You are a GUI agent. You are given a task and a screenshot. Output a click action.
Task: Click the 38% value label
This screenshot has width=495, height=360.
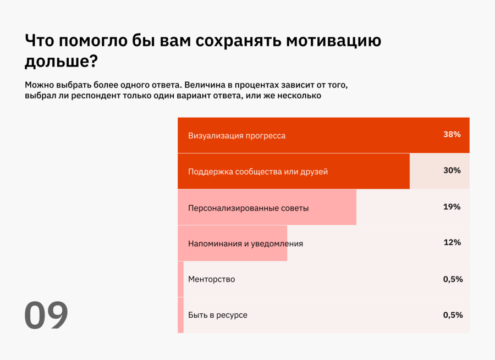tap(452, 134)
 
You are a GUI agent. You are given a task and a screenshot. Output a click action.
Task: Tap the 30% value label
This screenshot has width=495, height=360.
tap(452, 170)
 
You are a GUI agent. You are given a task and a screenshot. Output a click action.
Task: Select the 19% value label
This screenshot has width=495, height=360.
tap(452, 207)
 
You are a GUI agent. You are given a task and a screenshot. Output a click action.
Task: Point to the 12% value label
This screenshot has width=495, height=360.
tap(452, 242)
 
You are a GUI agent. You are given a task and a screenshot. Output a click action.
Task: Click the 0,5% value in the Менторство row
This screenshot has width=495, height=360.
tap(453, 279)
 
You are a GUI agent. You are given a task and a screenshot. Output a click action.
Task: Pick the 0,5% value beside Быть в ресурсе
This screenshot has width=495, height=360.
tap(453, 315)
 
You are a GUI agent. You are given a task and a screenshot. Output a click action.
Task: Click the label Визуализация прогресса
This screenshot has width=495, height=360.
tap(237, 135)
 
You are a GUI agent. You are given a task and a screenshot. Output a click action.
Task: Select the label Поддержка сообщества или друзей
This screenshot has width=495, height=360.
tap(257, 171)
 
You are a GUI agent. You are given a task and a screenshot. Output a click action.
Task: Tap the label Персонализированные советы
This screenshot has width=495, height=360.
tap(248, 208)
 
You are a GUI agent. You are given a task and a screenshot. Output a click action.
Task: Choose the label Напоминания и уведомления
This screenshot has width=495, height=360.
tap(245, 243)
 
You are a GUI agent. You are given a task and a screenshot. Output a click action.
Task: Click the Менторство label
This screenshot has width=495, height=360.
tap(211, 279)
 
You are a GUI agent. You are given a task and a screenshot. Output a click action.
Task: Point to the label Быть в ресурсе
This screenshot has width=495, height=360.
tap(217, 315)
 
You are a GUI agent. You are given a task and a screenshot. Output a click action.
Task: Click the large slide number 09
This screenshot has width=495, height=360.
tap(46, 315)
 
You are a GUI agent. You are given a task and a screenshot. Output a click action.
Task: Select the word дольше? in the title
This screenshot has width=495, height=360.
tap(61, 61)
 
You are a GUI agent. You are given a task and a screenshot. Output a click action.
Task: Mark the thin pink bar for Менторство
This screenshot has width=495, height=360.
tap(180, 279)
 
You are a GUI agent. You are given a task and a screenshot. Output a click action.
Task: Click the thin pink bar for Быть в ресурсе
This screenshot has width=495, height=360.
tap(180, 315)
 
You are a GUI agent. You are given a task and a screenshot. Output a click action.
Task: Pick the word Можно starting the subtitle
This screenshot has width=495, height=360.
tap(37, 85)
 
